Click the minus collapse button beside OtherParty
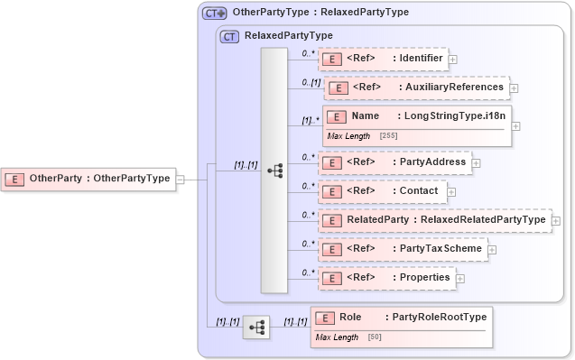coord(181,179)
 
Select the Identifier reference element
coord(383,59)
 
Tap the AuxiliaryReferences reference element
coord(415,88)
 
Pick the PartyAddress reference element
coord(394,162)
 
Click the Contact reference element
coord(381,191)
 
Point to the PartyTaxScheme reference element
coord(403,248)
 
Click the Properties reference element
coord(385,278)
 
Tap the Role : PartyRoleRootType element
coord(402,318)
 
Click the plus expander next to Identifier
coord(452,60)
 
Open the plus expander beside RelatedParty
coord(556,220)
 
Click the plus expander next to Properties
coord(460,279)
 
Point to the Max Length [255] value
coord(388,135)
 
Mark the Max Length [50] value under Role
coord(374,337)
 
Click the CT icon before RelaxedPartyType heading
coord(229,36)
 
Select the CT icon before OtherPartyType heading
coord(214,14)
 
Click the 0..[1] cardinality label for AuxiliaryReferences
coord(311,82)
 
